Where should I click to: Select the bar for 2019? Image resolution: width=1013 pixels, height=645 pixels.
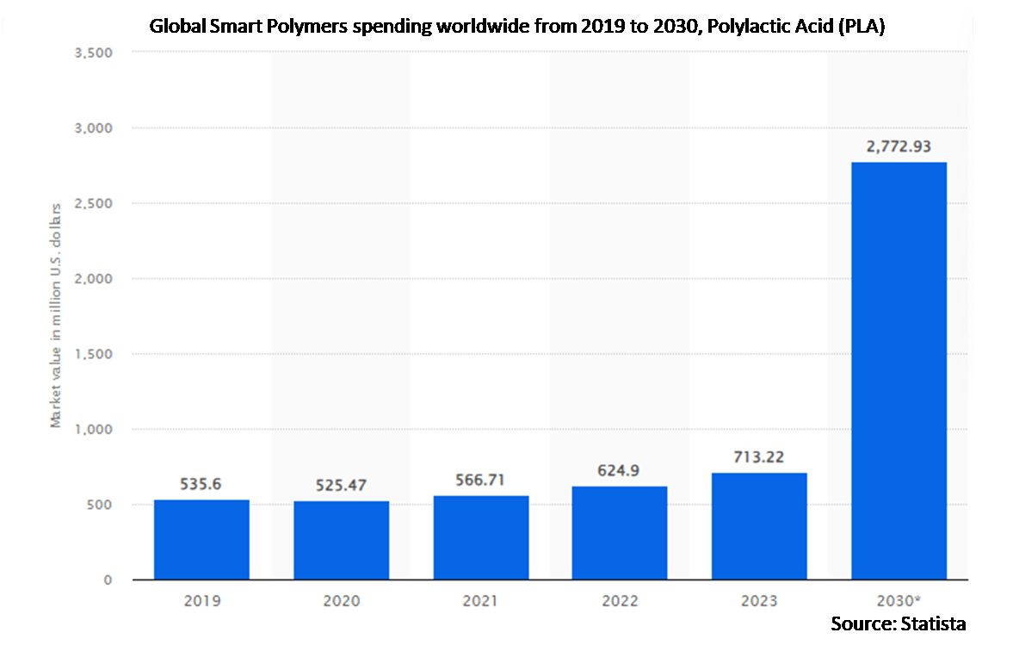(x=201, y=540)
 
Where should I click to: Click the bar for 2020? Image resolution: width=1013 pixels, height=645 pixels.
(x=341, y=540)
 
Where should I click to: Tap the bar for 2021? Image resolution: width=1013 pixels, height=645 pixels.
(x=480, y=537)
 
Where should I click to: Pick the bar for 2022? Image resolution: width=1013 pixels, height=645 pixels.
(x=620, y=533)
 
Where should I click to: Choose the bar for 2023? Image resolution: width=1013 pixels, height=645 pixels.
(x=759, y=526)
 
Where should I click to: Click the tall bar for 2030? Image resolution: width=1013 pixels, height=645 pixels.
(x=899, y=371)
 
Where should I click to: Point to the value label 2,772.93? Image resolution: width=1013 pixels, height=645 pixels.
(x=899, y=146)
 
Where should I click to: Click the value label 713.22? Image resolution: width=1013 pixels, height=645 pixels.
(x=759, y=457)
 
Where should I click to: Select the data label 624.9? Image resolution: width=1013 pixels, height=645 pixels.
(x=618, y=470)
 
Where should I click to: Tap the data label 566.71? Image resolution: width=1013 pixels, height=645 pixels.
(x=480, y=481)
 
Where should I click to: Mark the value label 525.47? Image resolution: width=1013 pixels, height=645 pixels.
(x=341, y=486)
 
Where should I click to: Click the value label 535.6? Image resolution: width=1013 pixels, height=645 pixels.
(x=201, y=484)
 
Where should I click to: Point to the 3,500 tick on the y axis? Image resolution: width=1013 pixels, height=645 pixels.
(x=94, y=53)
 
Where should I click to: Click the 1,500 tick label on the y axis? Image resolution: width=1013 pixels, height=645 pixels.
(x=94, y=354)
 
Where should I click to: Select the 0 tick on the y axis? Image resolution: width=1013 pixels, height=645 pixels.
(x=108, y=580)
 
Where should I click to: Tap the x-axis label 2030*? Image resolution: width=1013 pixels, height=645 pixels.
(x=899, y=601)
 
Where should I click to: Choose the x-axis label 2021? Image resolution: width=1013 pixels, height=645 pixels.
(x=480, y=601)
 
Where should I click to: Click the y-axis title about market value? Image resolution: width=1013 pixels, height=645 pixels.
(x=56, y=315)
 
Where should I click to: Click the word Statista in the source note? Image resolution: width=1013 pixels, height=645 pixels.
(x=934, y=623)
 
